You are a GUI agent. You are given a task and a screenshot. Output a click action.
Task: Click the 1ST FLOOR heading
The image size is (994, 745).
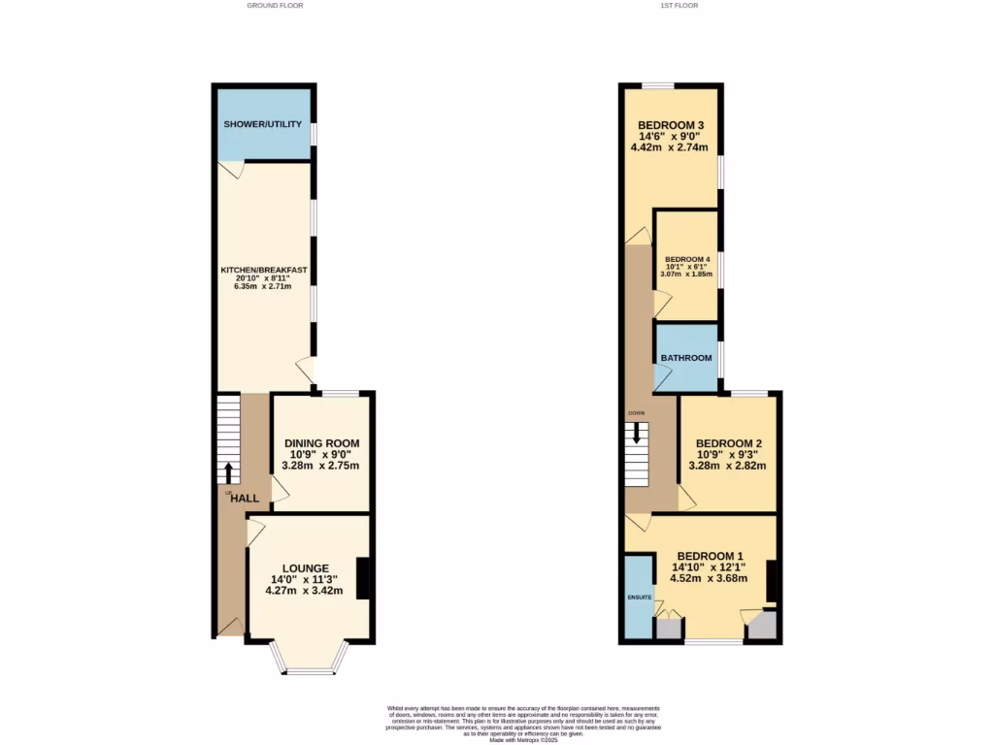(x=679, y=6)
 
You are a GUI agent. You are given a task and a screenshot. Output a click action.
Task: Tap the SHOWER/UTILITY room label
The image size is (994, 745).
(x=263, y=125)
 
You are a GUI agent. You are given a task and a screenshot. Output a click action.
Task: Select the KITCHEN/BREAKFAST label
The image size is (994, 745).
(x=264, y=269)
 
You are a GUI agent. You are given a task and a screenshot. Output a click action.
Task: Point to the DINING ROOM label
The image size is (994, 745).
(x=321, y=443)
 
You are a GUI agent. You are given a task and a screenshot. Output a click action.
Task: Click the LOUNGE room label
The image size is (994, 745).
(x=305, y=568)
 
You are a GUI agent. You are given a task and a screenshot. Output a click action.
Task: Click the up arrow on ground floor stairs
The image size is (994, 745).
(x=228, y=472)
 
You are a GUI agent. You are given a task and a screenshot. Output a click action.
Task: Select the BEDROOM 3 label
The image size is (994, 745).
(x=670, y=125)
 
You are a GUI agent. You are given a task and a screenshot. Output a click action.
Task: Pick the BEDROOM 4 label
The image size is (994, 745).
(x=687, y=260)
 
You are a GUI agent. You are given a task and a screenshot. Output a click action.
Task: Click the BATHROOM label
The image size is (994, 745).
(x=686, y=358)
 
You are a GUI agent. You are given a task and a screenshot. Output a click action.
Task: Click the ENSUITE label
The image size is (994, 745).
(x=639, y=598)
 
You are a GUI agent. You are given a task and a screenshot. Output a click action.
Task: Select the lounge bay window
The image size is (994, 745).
(x=310, y=666)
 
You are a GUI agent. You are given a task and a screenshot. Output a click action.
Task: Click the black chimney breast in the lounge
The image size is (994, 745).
(x=363, y=579)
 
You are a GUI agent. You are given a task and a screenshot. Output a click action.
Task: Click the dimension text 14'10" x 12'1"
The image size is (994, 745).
(x=709, y=567)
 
